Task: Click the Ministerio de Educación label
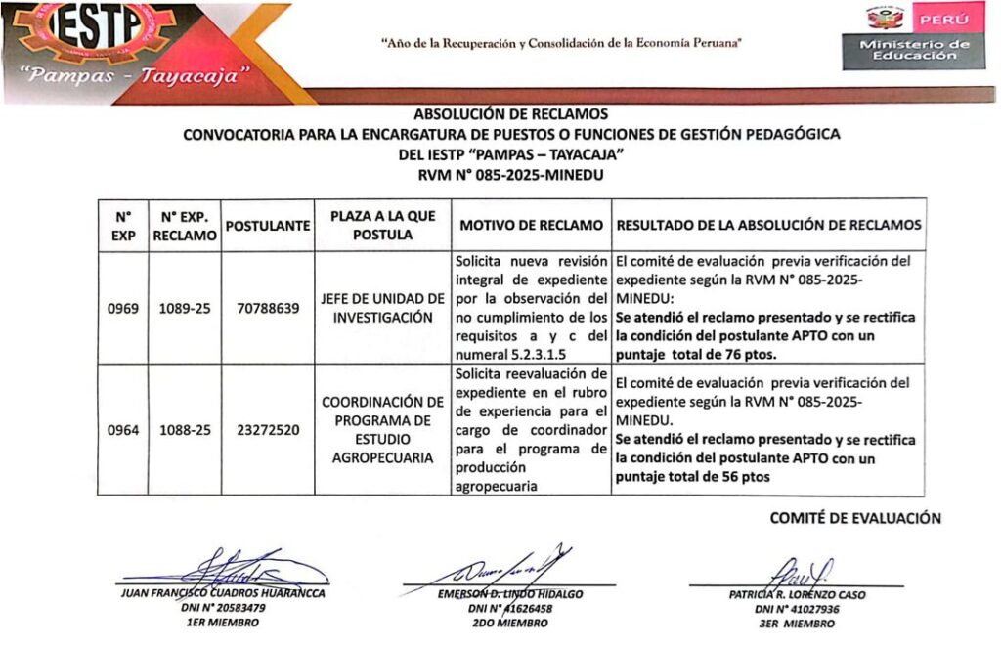915,51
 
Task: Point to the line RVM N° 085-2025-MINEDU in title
510,176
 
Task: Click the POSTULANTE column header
268,226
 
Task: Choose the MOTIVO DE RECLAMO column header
531,226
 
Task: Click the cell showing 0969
123,309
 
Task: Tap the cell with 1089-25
186,309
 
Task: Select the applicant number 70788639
268,309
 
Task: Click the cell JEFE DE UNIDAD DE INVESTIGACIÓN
383,308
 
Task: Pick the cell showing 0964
123,429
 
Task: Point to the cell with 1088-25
186,429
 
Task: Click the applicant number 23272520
268,429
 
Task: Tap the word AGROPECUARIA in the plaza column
383,457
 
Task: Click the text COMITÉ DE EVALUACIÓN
855,518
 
